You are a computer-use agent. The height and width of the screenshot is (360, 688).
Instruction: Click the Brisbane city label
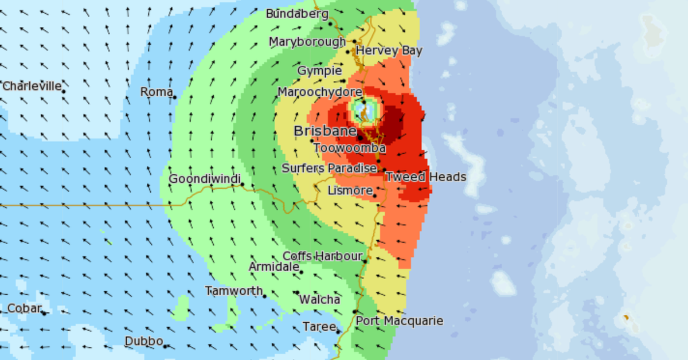(325, 131)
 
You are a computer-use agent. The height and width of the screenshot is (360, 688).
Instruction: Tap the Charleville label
(32, 87)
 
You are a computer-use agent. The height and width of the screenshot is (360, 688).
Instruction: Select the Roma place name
(157, 92)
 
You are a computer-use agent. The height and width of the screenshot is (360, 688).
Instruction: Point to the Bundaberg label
(297, 14)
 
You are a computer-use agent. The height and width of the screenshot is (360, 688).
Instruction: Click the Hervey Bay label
(389, 51)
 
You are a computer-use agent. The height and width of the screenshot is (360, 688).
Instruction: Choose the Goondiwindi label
(204, 179)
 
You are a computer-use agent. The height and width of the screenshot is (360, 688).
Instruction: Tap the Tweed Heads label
(425, 177)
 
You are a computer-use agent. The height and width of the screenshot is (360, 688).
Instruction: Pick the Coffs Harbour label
(323, 256)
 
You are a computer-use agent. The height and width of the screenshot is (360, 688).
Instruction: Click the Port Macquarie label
(399, 321)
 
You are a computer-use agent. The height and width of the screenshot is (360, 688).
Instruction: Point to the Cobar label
(24, 309)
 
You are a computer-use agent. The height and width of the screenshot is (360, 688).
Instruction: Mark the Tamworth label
(234, 291)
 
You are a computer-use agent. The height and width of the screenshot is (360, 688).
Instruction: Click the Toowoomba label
(349, 148)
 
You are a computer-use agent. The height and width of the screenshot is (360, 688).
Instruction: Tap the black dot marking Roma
(175, 97)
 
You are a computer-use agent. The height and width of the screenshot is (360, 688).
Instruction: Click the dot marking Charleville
(64, 91)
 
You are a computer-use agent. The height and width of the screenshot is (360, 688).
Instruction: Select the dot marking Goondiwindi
(243, 185)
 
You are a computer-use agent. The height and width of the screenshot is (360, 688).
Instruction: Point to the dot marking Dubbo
(165, 346)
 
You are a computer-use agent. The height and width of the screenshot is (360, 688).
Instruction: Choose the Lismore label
(350, 190)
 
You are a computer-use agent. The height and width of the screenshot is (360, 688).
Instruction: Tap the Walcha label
(319, 300)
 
